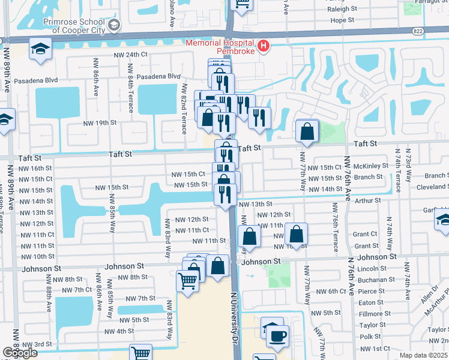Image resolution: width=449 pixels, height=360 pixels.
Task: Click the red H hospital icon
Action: [262, 46]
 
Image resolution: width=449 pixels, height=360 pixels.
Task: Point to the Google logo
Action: [20, 353]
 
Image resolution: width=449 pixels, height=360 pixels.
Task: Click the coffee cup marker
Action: [277, 335]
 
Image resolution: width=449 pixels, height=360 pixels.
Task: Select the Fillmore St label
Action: [372, 314]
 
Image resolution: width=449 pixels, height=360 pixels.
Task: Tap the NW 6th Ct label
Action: [327, 291]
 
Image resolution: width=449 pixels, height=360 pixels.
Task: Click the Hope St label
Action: [343, 20]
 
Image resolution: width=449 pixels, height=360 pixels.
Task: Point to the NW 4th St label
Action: [119, 331]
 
